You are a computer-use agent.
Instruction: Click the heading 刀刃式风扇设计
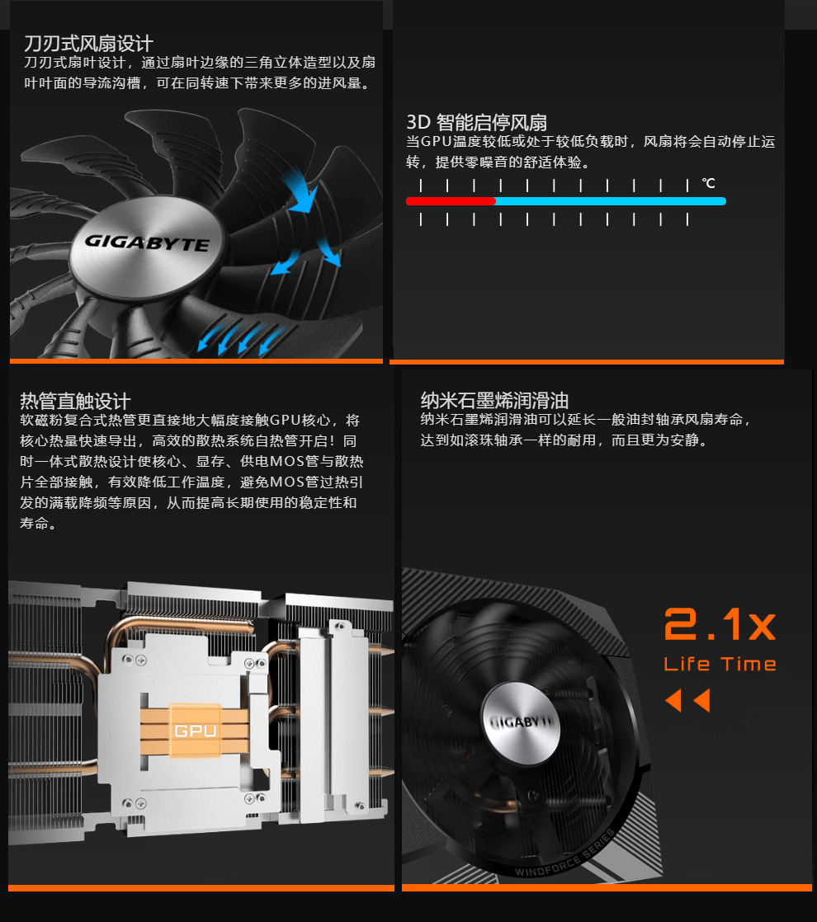(88, 44)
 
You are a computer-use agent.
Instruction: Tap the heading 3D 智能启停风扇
(477, 122)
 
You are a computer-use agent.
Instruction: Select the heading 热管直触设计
(75, 401)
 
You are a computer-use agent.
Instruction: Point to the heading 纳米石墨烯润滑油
(494, 401)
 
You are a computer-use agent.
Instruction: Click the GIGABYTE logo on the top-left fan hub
(147, 242)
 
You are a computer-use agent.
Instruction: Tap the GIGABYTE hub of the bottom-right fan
(521, 722)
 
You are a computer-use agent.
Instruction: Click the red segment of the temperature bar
(451, 201)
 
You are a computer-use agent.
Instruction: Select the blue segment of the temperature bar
(611, 201)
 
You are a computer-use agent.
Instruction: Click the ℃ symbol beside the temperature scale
(709, 183)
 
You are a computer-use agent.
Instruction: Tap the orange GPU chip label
(196, 731)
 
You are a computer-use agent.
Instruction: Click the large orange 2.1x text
(720, 624)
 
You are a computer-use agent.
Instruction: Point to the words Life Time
(720, 664)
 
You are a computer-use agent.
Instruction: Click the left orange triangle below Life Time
(674, 700)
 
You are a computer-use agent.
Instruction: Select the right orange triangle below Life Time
(702, 700)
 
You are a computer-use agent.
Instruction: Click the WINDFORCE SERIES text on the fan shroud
(565, 854)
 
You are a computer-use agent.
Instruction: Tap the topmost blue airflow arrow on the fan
(302, 190)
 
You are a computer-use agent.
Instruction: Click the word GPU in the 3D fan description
(436, 142)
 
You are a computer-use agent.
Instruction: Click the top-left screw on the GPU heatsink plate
(128, 659)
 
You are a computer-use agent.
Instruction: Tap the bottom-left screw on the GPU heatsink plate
(127, 802)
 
